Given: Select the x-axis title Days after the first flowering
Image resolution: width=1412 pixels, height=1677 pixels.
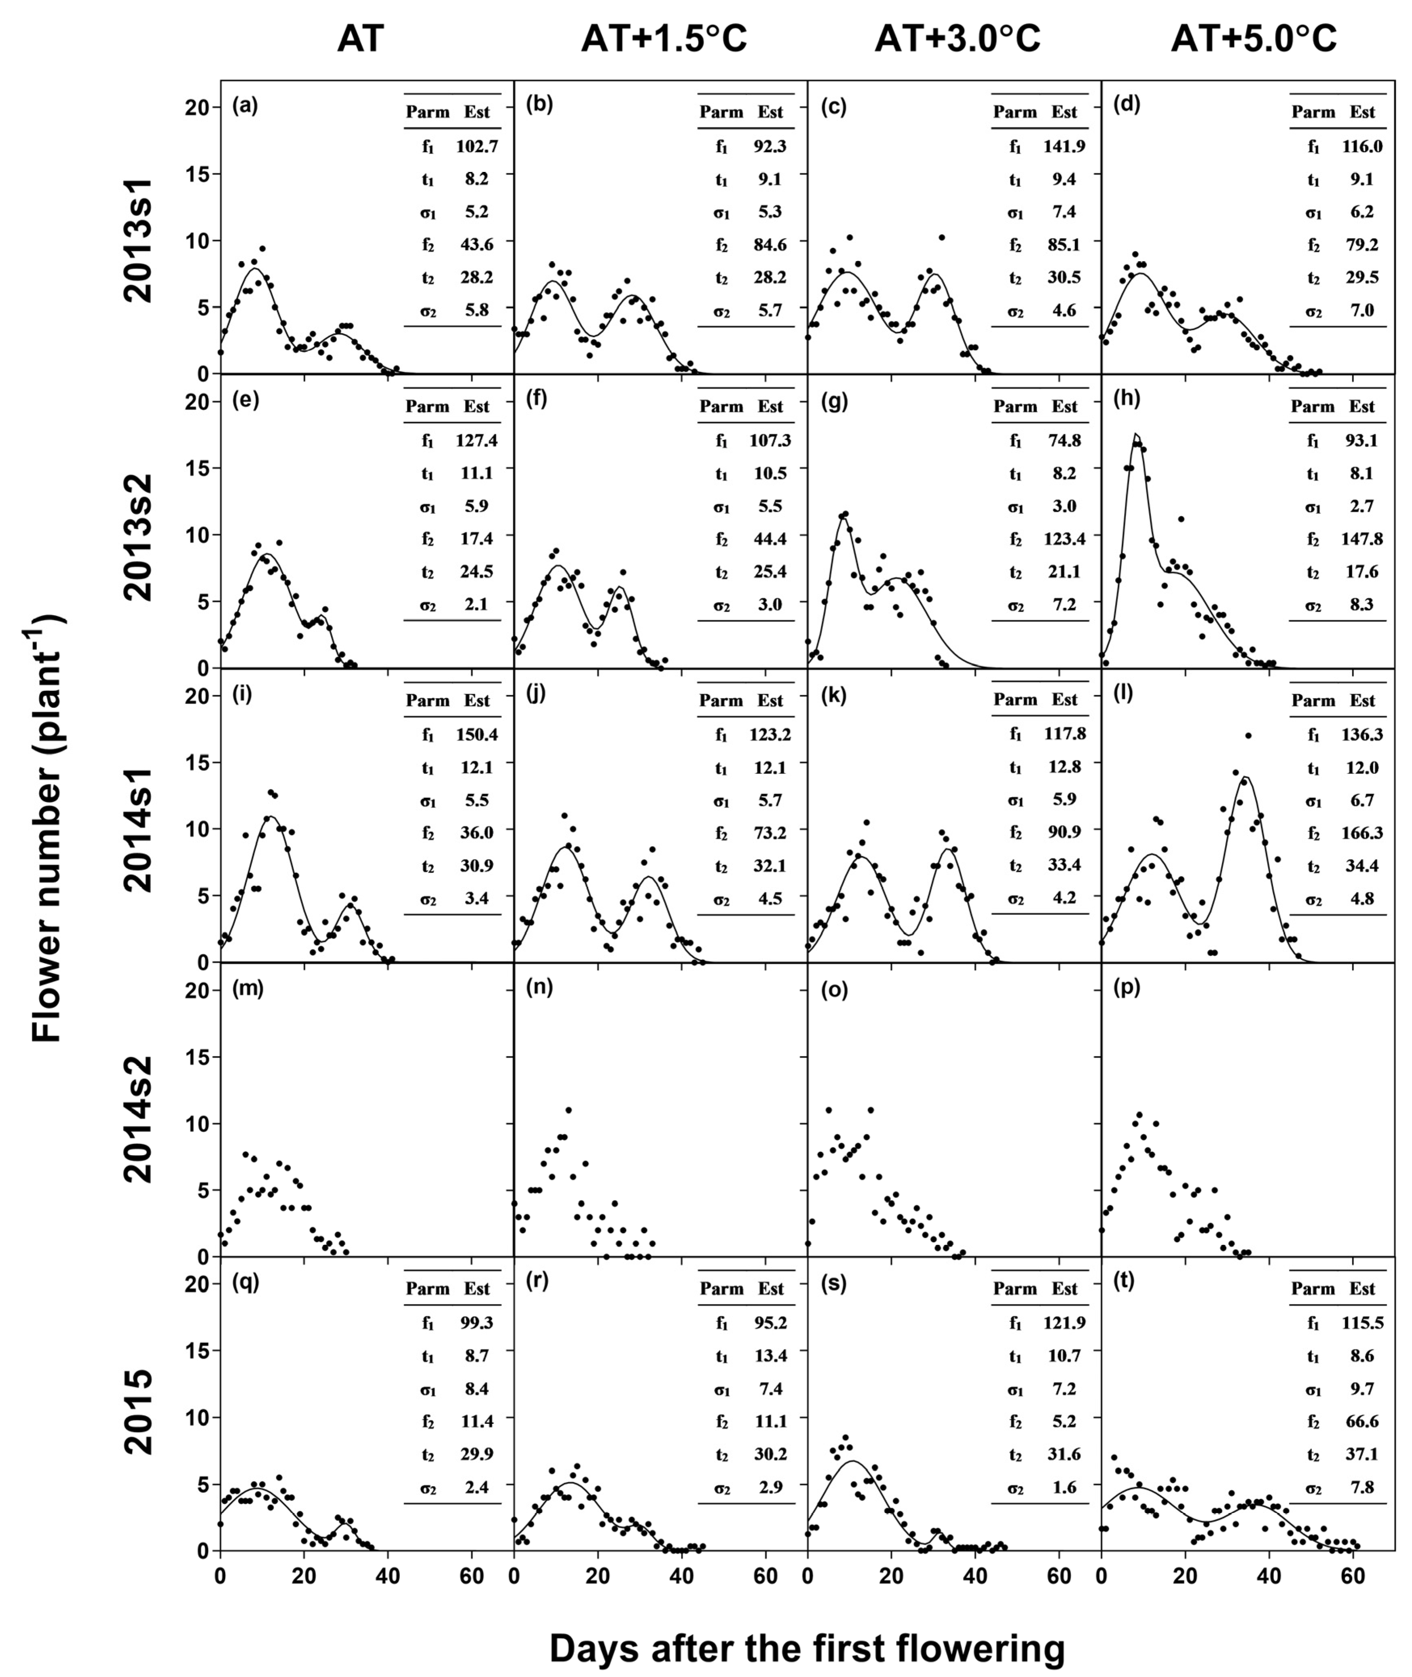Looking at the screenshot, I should click(807, 1643).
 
